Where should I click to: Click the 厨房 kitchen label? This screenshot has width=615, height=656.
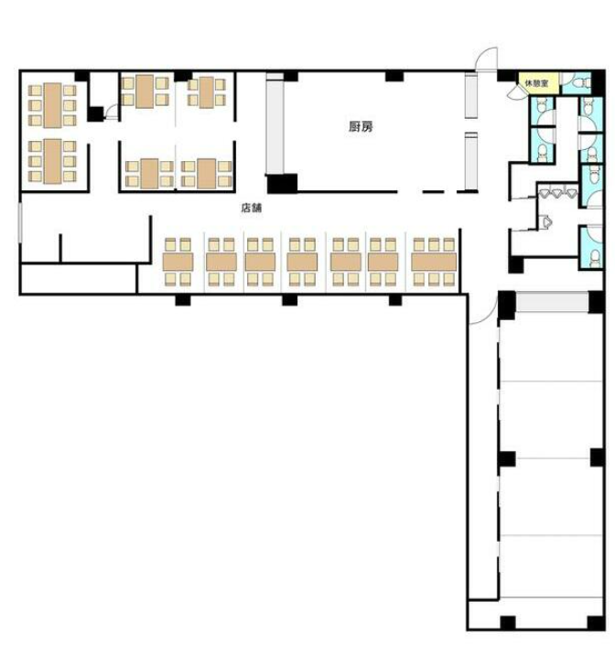point(361,126)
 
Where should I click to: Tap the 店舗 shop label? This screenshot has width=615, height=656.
point(251,208)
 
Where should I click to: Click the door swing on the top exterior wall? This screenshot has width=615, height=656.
point(485,59)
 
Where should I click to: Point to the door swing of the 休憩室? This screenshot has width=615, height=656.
point(513,93)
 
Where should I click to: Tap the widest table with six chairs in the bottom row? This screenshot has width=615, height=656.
point(434,262)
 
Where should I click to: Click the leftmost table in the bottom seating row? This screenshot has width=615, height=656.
point(178,262)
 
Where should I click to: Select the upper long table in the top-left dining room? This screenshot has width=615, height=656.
point(53,105)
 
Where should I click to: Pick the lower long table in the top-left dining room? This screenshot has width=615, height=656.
point(53,161)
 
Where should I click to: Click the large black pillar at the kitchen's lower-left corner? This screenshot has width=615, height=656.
point(282,184)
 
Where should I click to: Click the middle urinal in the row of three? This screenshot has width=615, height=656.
point(557,193)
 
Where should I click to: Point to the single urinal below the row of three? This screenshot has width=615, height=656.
point(546,221)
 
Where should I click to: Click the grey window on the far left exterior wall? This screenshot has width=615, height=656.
point(19,222)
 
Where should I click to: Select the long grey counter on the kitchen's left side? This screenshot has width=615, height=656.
point(275,124)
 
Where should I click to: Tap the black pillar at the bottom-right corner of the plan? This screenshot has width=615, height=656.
point(596,622)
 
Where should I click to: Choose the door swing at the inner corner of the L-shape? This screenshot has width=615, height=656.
point(483,310)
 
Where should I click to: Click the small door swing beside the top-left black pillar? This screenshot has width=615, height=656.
point(113,113)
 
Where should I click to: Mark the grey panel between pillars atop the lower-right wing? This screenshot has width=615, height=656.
point(552,302)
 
